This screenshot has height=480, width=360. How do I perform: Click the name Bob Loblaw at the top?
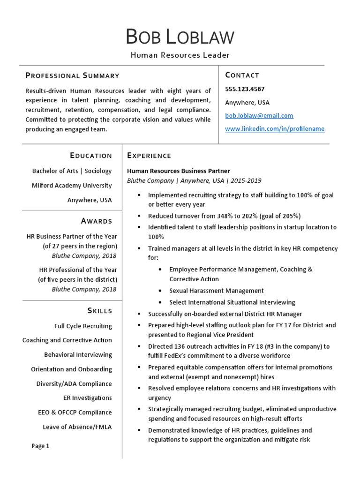pos(180,37)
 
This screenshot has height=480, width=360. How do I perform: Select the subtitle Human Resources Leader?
pos(180,55)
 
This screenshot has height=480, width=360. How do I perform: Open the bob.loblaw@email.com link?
pos(259,115)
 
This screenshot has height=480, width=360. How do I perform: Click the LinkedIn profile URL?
pos(275,129)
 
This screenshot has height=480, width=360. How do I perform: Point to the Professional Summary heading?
pos(72,75)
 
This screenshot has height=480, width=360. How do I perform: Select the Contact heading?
pos(242,75)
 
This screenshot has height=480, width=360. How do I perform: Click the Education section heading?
pos(91,156)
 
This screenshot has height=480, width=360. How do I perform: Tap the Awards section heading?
pos(97,221)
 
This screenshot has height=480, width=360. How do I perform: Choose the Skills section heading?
pos(99,311)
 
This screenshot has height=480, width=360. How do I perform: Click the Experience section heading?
pos(149,156)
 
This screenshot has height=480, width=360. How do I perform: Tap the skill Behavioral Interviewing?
pos(78,355)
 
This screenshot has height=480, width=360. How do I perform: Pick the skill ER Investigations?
pos(88,398)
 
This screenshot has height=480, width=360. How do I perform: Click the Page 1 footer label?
pos(40,446)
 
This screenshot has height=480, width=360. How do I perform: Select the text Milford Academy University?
pos(72,185)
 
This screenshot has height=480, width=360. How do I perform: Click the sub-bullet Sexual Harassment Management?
pos(216,291)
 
